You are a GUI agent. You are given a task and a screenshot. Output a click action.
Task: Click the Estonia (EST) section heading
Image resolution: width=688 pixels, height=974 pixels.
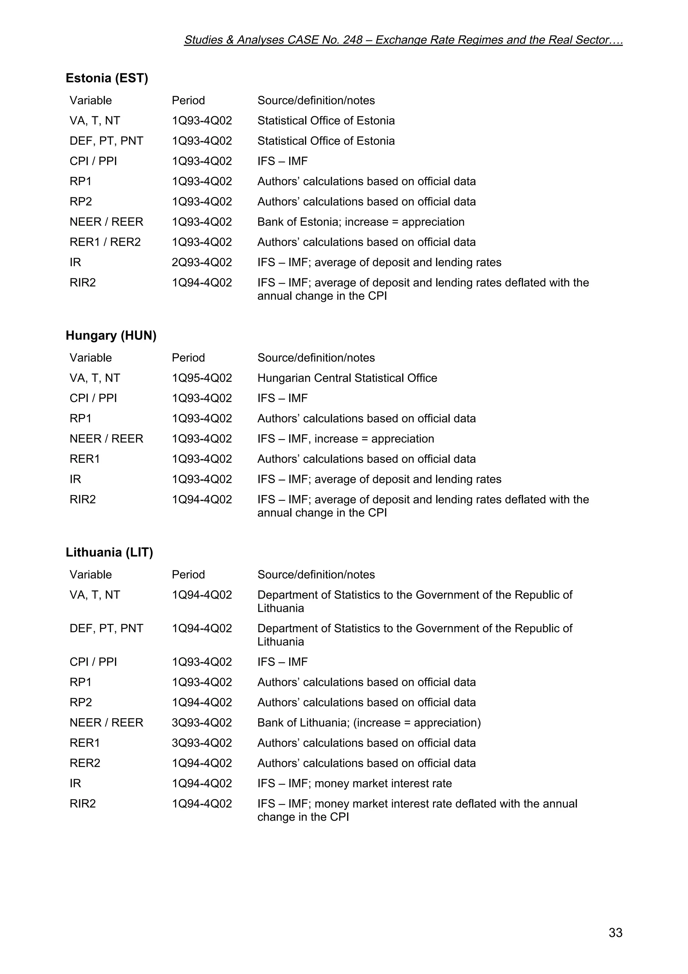[107, 78]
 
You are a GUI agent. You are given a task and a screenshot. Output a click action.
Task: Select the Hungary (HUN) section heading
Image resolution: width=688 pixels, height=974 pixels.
[111, 335]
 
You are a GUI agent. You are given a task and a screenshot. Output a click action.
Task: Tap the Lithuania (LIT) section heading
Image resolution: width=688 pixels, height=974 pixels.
[110, 552]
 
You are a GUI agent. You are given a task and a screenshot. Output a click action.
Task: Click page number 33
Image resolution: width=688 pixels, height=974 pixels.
[615, 932]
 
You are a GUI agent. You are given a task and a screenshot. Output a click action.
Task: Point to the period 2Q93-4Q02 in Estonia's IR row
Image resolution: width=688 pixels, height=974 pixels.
[202, 262]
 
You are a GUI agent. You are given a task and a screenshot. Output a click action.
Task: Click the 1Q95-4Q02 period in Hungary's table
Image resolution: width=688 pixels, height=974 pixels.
[202, 378]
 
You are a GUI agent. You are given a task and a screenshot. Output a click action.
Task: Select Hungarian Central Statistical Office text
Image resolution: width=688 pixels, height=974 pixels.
[347, 378]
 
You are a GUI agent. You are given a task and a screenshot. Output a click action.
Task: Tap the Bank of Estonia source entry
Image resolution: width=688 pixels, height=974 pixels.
[361, 222]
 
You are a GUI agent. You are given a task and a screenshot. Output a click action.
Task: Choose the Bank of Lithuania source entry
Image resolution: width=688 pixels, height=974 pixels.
[369, 723]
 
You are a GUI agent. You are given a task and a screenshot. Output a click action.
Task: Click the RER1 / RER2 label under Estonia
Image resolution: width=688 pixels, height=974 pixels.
[105, 242]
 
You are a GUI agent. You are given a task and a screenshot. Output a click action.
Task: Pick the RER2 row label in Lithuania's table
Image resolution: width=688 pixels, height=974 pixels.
[85, 763]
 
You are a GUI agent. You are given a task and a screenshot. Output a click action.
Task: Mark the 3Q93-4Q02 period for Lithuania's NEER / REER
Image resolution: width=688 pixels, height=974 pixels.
[202, 723]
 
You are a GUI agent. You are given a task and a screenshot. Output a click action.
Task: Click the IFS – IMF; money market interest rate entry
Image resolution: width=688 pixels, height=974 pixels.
[354, 783]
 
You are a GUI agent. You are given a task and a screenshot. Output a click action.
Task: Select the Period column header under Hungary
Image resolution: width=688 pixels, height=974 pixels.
[188, 358]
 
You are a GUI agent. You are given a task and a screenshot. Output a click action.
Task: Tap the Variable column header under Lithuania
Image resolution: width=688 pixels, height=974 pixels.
[91, 575]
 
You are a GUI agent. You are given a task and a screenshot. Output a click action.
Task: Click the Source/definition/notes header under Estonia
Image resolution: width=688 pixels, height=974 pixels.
[316, 100]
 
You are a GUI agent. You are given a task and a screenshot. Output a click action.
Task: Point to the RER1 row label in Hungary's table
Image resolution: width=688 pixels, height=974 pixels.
[85, 459]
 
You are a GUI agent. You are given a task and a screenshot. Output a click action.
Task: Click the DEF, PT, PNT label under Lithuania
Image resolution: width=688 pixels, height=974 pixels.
[106, 628]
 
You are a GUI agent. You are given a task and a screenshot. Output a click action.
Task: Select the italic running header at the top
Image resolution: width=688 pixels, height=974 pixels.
[403, 40]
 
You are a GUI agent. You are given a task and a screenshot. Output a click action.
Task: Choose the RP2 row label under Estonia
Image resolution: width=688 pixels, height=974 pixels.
[81, 202]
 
